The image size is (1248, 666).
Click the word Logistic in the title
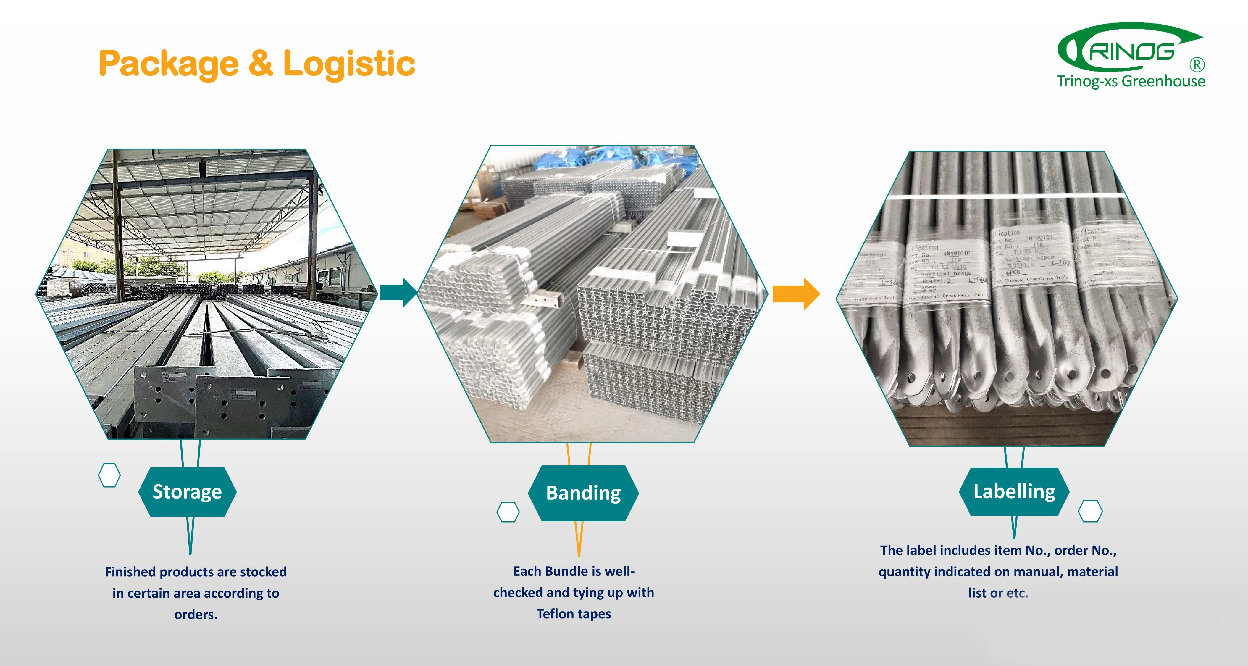pos(349,64)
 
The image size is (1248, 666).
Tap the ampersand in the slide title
pos(261,64)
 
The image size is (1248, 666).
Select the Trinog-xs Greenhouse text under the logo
pos(1131,81)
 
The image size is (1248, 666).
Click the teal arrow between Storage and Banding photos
pos(398,293)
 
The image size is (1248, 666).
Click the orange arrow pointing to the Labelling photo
pos(795,294)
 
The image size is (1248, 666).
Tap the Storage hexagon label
pos(187,491)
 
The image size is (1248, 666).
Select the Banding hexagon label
pos(583,493)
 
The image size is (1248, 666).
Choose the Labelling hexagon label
pos(1014,491)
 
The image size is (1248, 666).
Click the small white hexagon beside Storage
pos(109,475)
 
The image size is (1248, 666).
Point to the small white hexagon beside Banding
pos(508,512)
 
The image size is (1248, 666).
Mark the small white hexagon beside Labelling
pos(1090,511)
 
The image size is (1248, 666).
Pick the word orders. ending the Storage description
pos(196,615)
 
